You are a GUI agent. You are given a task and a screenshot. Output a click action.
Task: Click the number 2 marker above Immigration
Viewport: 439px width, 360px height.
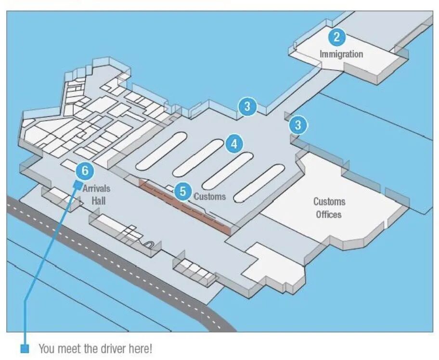(x=336, y=37)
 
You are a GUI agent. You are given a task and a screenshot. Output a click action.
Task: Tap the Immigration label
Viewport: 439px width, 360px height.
(x=341, y=54)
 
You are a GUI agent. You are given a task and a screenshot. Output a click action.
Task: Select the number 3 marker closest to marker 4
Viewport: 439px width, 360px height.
(x=247, y=106)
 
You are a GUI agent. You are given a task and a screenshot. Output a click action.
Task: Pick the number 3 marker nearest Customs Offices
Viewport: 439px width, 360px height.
(x=298, y=125)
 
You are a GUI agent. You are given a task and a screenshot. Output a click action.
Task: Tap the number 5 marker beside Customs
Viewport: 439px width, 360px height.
(x=182, y=191)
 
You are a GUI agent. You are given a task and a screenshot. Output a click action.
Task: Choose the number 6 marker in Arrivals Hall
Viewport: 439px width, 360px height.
(x=85, y=170)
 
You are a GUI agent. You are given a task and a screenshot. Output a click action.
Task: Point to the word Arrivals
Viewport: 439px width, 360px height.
(x=96, y=188)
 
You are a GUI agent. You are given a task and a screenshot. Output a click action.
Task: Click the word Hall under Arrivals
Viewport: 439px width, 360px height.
(x=98, y=200)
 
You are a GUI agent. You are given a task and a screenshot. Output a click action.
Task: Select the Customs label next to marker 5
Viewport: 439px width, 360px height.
(x=209, y=196)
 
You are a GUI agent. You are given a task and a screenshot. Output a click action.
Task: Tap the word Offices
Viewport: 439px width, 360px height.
(x=329, y=214)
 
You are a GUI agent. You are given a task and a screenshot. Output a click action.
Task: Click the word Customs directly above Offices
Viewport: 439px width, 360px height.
(x=329, y=202)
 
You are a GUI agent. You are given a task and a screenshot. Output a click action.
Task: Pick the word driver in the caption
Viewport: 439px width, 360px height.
(x=99, y=348)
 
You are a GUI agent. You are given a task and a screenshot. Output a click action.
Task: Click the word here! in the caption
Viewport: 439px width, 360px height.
(x=140, y=348)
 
